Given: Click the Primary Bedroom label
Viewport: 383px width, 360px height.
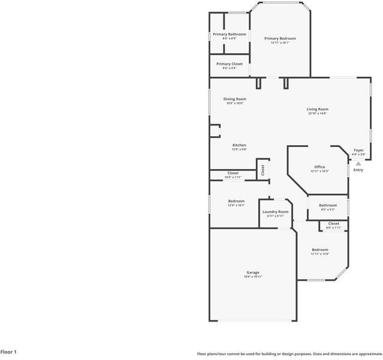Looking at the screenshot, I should click(x=280, y=38).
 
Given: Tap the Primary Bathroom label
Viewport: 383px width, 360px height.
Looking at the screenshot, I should click(x=231, y=34).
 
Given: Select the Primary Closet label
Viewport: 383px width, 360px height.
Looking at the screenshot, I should click(x=230, y=64).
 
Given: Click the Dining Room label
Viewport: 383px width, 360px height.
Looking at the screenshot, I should click(x=235, y=99).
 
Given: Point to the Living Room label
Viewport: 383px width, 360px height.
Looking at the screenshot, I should click(x=318, y=109).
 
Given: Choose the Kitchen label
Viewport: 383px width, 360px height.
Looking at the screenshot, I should click(x=239, y=145).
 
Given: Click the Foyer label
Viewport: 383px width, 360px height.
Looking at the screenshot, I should click(x=358, y=150).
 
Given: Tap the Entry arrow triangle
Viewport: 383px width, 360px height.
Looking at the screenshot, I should click(x=358, y=163).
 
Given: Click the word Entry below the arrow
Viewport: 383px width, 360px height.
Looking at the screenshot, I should click(x=358, y=170).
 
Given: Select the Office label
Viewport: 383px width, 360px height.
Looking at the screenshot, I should click(x=319, y=167).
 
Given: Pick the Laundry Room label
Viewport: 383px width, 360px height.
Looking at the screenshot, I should click(x=276, y=212).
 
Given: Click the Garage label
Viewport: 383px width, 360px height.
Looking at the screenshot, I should click(x=253, y=272).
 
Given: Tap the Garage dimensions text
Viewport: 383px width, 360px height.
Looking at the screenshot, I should click(x=253, y=277).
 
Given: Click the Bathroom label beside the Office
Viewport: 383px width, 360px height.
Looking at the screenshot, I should click(x=328, y=205).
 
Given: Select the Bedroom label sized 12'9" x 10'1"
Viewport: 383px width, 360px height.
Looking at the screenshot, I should click(x=236, y=201).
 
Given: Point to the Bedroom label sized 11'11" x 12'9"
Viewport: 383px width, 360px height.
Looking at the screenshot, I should click(x=319, y=250).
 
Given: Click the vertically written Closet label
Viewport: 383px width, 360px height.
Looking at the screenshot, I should click(x=263, y=170).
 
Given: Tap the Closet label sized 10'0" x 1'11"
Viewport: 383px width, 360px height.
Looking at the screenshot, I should click(x=233, y=173).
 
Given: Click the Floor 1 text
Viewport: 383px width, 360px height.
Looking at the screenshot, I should click(x=8, y=352).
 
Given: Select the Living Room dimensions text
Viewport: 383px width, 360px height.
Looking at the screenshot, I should click(x=318, y=113).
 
